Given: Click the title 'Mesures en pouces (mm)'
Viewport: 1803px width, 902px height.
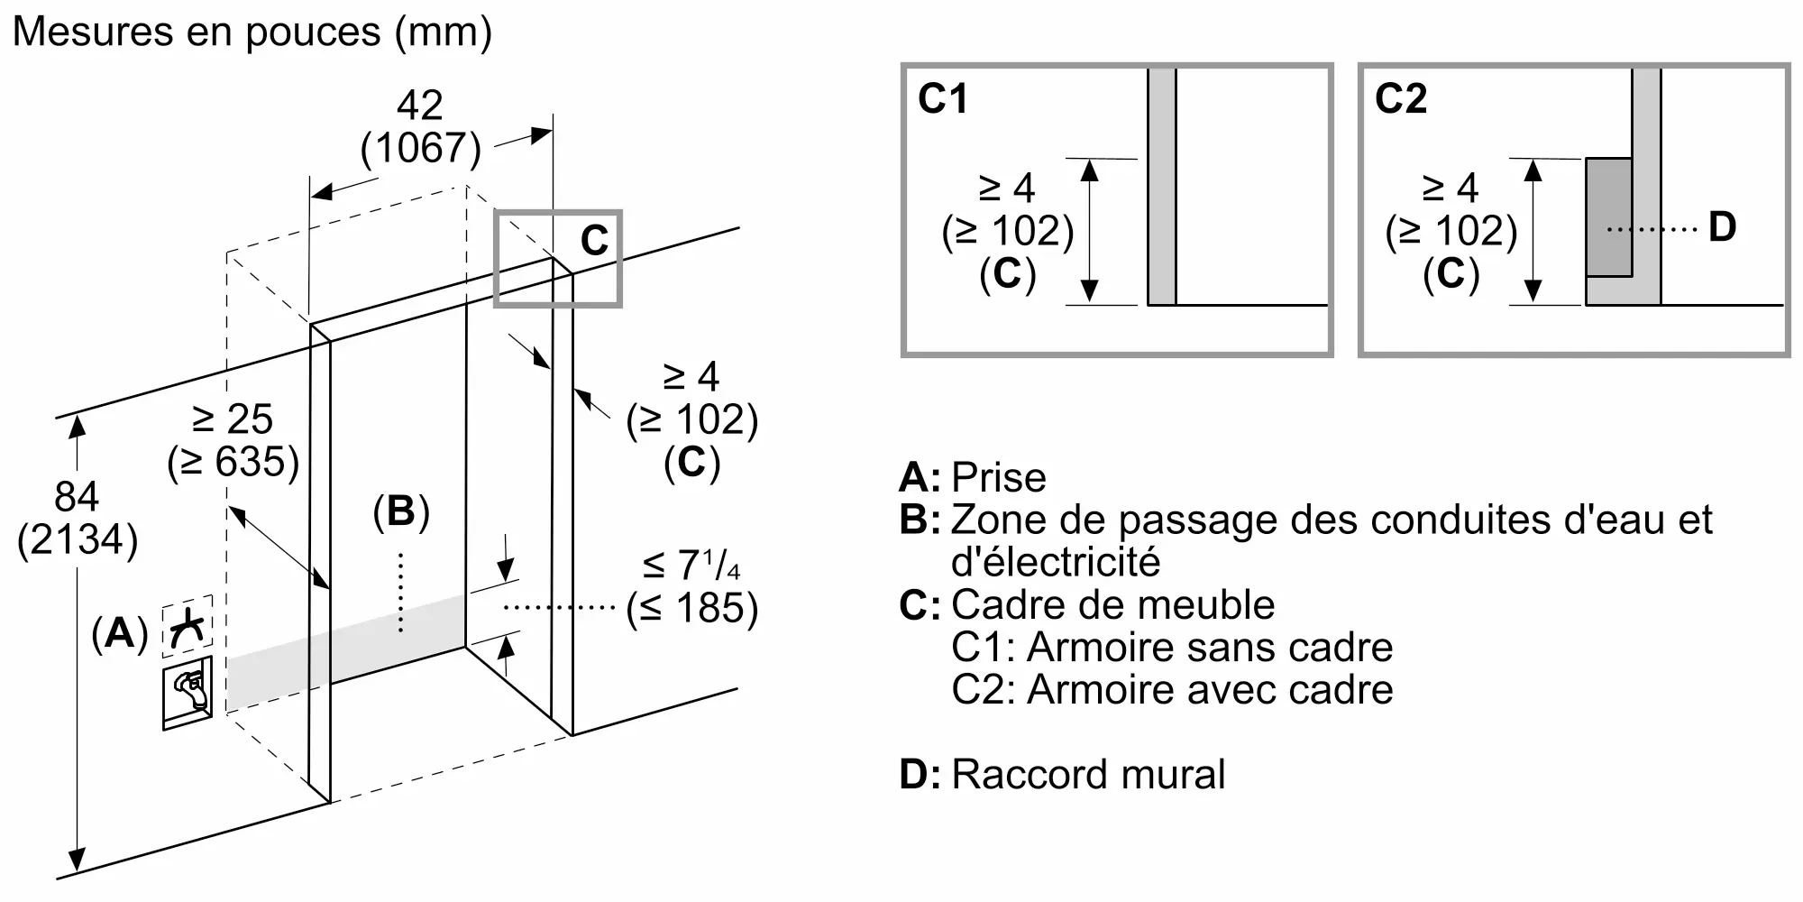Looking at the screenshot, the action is click(x=252, y=33).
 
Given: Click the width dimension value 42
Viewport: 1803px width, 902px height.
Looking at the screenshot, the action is click(x=420, y=106).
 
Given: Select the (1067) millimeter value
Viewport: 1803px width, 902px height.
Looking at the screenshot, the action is click(x=421, y=148).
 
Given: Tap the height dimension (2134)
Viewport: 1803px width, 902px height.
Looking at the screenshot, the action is click(x=78, y=539).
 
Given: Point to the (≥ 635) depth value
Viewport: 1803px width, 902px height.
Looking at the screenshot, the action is click(x=233, y=462).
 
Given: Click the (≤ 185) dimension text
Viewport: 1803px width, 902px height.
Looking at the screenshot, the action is click(x=692, y=608).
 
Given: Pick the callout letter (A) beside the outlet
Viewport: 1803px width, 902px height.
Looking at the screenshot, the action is click(x=120, y=633).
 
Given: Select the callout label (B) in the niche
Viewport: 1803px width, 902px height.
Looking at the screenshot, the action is click(x=401, y=511).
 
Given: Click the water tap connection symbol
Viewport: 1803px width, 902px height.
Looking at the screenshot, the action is click(x=188, y=693).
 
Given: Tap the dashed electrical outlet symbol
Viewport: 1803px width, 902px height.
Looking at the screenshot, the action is click(x=188, y=625).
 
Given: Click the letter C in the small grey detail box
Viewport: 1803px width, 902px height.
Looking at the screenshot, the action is click(x=595, y=241).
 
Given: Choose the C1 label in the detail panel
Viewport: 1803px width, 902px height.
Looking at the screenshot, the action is click(x=942, y=98).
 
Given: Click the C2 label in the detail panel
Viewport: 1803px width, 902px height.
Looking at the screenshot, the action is click(x=1400, y=98).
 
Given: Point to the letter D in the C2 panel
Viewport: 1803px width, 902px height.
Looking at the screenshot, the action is click(x=1722, y=227).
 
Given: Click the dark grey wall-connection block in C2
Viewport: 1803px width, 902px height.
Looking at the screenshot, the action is click(x=1609, y=217).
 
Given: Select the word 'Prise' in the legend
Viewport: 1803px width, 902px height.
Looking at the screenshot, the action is click(x=999, y=477).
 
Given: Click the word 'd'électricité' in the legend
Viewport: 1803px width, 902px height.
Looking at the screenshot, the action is click(x=1056, y=562).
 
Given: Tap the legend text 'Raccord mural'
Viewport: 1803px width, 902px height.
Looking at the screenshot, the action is click(x=1088, y=775).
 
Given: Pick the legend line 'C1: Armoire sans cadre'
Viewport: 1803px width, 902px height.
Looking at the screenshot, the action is click(x=1172, y=647).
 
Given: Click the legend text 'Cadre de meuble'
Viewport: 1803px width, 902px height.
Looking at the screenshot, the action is click(x=1113, y=604).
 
